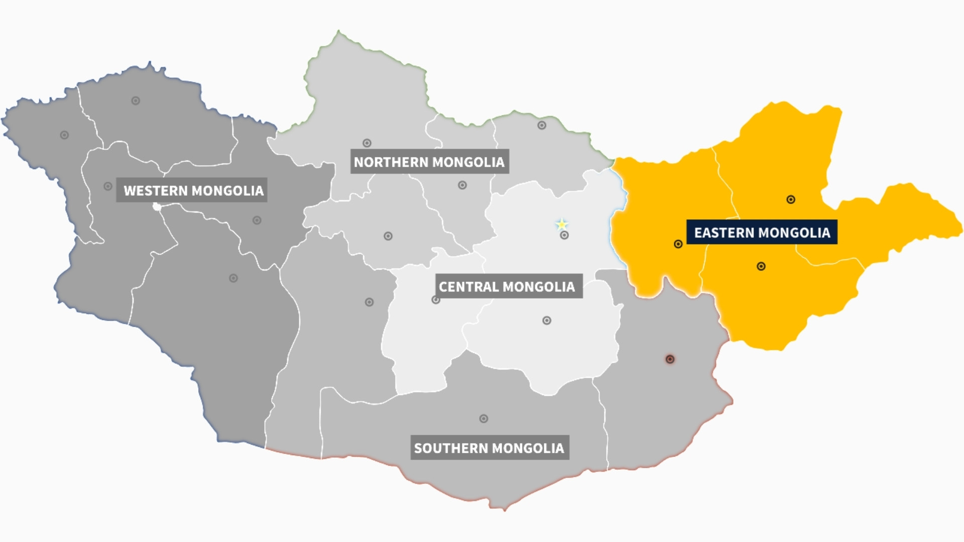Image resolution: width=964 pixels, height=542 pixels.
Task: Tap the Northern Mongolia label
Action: pyautogui.click(x=429, y=162)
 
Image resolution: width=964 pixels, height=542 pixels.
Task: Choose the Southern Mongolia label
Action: pyautogui.click(x=490, y=448)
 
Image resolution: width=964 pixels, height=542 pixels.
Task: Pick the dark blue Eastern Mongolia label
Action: pyautogui.click(x=762, y=232)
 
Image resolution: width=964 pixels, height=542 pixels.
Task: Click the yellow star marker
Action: pyautogui.click(x=561, y=224)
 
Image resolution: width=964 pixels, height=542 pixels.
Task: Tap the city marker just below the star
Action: pyautogui.click(x=564, y=235)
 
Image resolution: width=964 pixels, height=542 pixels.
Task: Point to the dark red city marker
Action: pyautogui.click(x=670, y=359)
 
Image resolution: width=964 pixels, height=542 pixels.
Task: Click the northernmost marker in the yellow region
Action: pyautogui.click(x=791, y=200)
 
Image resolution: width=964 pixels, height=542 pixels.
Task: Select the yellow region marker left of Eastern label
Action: pyautogui.click(x=678, y=244)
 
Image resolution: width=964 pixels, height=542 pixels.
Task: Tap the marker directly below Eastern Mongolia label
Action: pyautogui.click(x=761, y=266)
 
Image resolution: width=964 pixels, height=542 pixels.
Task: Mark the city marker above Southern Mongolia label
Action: pyautogui.click(x=484, y=419)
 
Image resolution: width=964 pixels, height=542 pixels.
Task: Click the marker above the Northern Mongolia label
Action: pyautogui.click(x=367, y=143)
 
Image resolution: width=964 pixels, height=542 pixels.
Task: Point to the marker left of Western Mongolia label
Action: pyautogui.click(x=108, y=186)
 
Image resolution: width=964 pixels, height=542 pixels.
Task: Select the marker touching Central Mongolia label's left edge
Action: pyautogui.click(x=436, y=300)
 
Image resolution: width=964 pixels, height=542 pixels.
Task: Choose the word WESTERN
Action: pyautogui.click(x=156, y=190)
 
